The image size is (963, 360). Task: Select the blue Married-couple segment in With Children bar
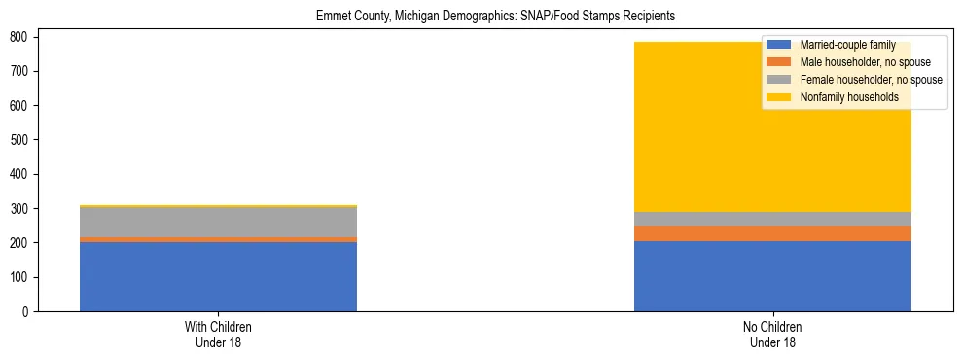tap(218, 276)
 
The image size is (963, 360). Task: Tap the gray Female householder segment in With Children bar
tap(218, 222)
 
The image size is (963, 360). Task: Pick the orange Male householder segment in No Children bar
tap(772, 234)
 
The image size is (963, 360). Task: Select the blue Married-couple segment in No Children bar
tap(772, 276)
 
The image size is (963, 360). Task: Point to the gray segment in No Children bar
tap(772, 219)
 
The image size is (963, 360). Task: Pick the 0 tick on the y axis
tap(30, 312)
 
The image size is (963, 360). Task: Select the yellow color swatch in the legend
tap(779, 97)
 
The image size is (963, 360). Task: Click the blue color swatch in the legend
tap(779, 45)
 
